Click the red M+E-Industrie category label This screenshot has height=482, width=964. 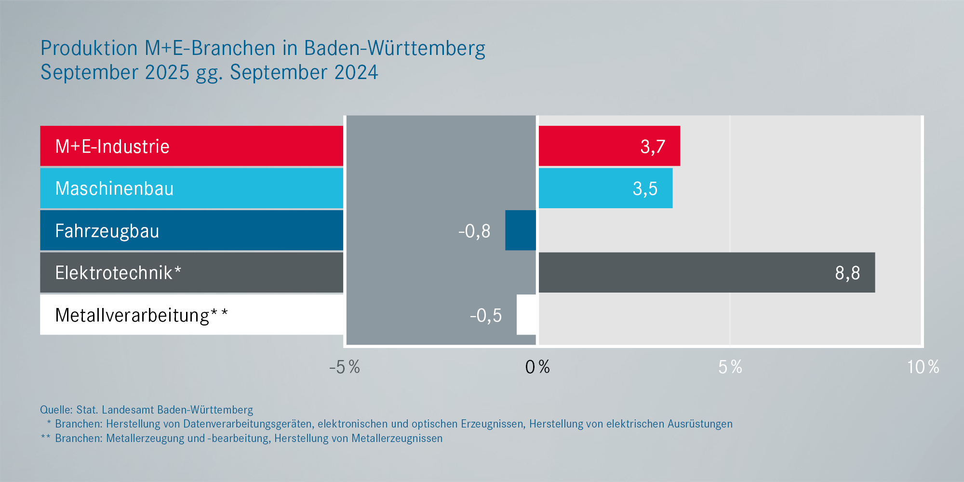[112, 147]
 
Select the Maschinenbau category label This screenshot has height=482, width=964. [114, 188]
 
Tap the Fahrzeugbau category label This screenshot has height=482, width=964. [107, 231]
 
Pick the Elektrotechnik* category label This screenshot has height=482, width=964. [118, 273]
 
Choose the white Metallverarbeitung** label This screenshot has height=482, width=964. [141, 315]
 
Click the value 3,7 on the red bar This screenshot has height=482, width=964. [653, 147]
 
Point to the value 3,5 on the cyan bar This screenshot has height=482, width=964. [645, 188]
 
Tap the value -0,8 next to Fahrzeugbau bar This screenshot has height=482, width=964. [474, 231]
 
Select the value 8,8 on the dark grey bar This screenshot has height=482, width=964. [847, 273]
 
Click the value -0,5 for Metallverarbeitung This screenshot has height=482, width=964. [486, 316]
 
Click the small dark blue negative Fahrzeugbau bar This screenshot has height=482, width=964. [521, 230]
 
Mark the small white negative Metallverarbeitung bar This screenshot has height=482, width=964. [526, 315]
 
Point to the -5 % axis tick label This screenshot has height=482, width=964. [345, 367]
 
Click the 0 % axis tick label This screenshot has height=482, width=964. [537, 367]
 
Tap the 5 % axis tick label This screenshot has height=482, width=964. [730, 367]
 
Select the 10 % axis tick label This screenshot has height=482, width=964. [923, 367]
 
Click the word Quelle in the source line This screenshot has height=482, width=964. [56, 410]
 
